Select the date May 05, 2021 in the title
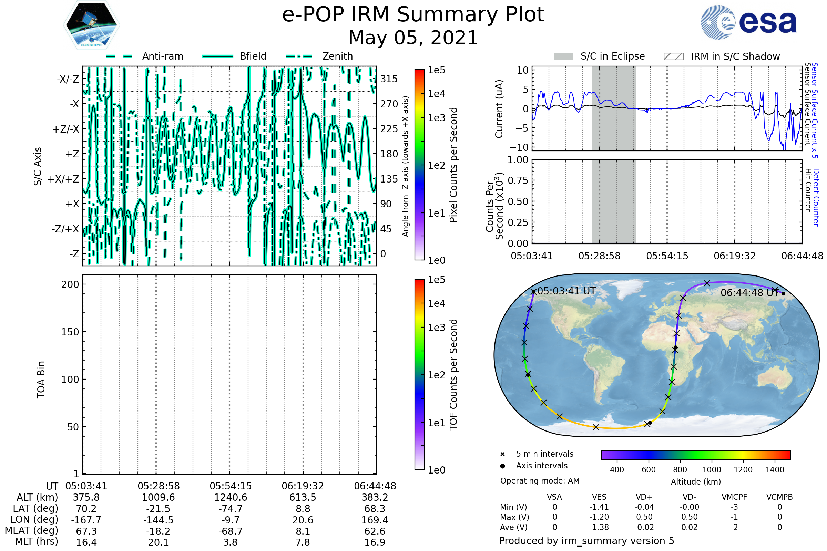tap(413, 38)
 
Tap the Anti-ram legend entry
tap(162, 56)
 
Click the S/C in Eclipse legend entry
tap(612, 56)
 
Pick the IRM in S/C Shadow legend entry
tap(735, 56)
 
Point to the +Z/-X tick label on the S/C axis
tap(66, 129)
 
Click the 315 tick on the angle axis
tap(389, 79)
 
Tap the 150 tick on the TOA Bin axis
tap(70, 332)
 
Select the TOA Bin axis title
tap(41, 380)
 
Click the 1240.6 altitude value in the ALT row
tap(231, 498)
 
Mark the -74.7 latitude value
tap(231, 509)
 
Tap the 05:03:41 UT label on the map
tap(566, 291)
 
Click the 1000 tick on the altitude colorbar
tap(711, 470)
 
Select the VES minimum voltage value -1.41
tap(599, 507)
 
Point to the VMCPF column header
tap(734, 497)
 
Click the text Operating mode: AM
tap(540, 481)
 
